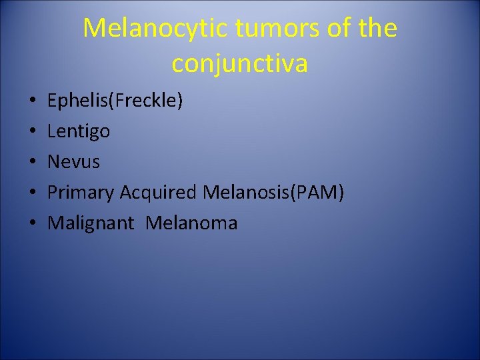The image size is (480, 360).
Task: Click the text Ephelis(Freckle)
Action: pos(115,101)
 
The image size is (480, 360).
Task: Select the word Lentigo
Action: pos(79,131)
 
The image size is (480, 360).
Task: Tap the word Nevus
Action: pos(73,162)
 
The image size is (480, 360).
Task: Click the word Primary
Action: pos(81,193)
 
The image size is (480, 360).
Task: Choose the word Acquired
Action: pos(158,192)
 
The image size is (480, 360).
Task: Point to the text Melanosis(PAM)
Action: pos(273,192)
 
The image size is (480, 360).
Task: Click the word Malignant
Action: pos(91,223)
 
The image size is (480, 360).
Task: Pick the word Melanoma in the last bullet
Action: pos(191,223)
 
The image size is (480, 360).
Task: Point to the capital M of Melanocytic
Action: pos(94,28)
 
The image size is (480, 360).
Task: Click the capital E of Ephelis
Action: pos(53,101)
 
